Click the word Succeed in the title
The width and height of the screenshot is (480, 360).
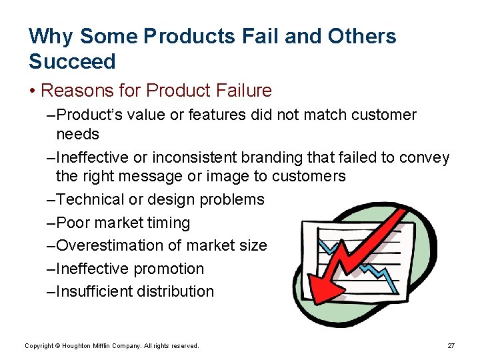(x=72, y=61)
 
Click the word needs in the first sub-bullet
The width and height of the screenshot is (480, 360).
(x=77, y=134)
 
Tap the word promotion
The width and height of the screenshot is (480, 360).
(x=169, y=269)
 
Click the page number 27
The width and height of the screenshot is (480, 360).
(x=451, y=346)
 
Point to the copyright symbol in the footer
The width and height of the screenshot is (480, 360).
(x=59, y=346)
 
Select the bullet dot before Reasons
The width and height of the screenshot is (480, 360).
(x=33, y=91)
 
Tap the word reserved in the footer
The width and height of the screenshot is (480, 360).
(x=184, y=346)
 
